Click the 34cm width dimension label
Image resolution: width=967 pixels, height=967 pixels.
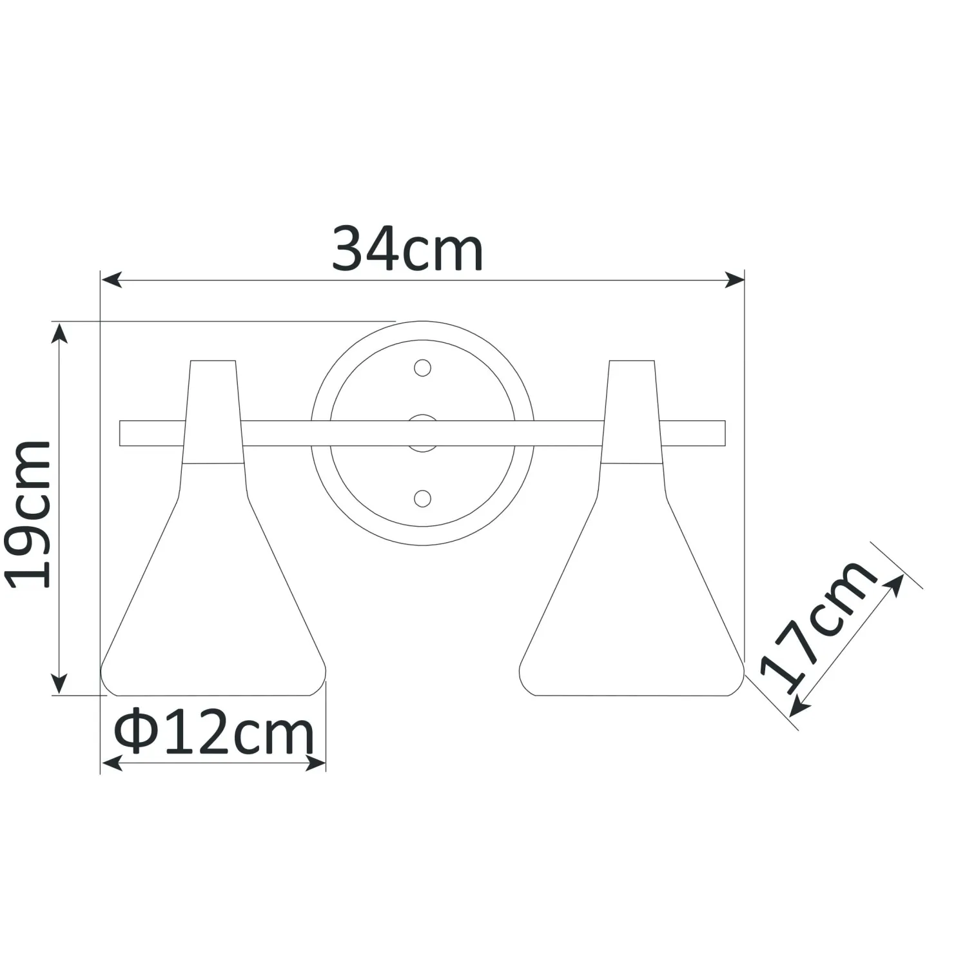coord(407,249)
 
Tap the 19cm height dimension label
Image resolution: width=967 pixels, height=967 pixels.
coord(28,514)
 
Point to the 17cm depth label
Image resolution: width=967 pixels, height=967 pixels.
coord(819,625)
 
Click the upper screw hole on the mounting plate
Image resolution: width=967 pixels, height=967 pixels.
coord(422,367)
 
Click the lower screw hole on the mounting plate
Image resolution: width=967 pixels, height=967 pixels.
coord(422,498)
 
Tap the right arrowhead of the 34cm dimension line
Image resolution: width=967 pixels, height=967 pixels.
coord(735,280)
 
